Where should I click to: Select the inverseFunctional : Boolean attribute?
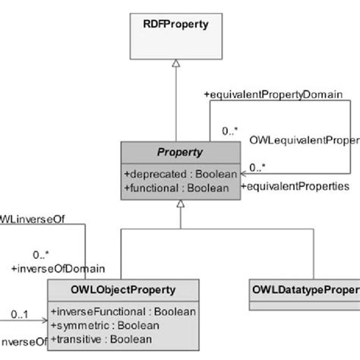click(124, 311)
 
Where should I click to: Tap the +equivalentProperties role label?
click(295, 185)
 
